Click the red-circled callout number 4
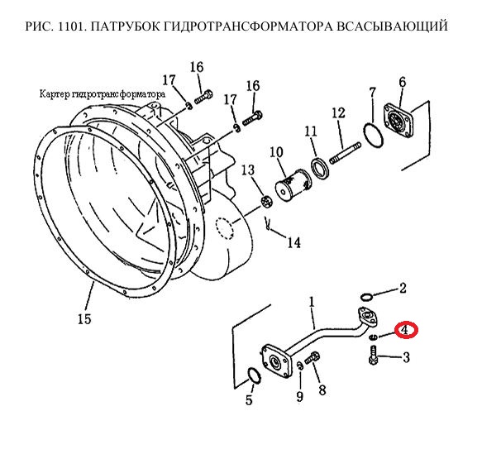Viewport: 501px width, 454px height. (x=405, y=329)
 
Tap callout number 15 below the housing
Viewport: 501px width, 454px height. (x=84, y=318)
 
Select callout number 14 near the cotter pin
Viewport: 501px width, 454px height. (x=294, y=242)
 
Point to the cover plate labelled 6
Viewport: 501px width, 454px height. (x=398, y=119)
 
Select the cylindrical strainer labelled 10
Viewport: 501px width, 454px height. (x=293, y=184)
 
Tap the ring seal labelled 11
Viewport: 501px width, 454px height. (x=321, y=167)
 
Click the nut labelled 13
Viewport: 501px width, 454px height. (x=267, y=202)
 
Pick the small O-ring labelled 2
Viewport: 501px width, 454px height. (x=366, y=297)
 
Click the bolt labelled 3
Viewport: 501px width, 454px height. (x=373, y=356)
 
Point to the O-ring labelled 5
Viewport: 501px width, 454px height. (x=255, y=375)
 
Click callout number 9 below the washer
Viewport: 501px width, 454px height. (x=299, y=396)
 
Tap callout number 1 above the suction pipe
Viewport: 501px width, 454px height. (x=312, y=302)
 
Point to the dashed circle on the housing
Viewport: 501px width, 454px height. (x=225, y=228)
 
